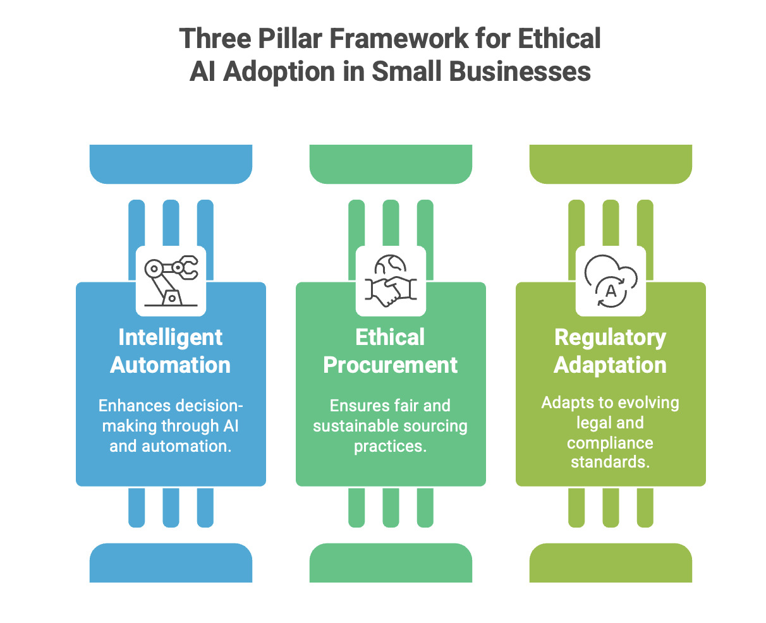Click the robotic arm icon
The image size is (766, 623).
pos(171,281)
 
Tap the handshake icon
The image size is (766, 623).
pos(391,281)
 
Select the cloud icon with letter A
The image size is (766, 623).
pos(611,281)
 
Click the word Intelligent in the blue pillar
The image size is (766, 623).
pos(171,337)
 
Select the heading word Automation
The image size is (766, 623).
pos(171,365)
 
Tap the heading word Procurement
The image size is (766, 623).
pos(391,365)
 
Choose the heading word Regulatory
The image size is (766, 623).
pos(611,337)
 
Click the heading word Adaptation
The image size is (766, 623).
pos(611,365)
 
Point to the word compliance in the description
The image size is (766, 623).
pos(610,442)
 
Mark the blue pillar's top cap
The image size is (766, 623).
pos(171,164)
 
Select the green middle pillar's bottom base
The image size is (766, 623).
pos(391,563)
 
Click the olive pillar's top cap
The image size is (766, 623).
pos(611,164)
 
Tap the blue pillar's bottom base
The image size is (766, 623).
pos(171,563)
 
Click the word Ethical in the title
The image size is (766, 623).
pos(559,39)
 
